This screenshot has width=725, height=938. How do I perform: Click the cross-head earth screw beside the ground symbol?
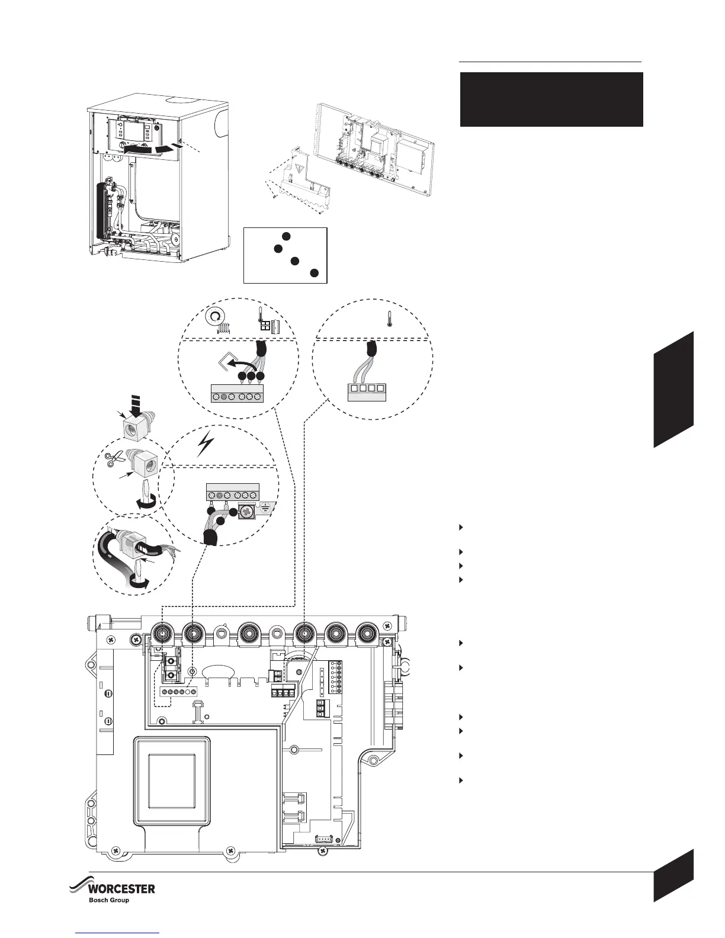(x=247, y=512)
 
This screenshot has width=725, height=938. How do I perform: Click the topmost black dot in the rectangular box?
(x=286, y=237)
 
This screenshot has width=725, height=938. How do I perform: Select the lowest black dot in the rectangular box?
(x=315, y=273)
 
